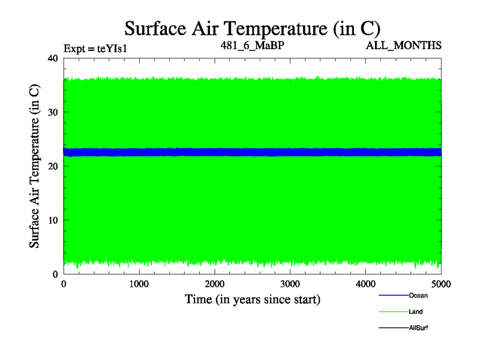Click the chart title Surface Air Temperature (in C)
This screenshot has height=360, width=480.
[253, 28]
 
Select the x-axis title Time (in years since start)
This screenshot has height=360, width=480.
[252, 299]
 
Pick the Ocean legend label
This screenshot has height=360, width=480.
[418, 295]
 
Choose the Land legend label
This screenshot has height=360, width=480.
[416, 311]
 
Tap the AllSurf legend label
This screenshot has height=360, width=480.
[418, 328]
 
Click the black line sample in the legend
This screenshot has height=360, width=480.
[393, 328]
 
